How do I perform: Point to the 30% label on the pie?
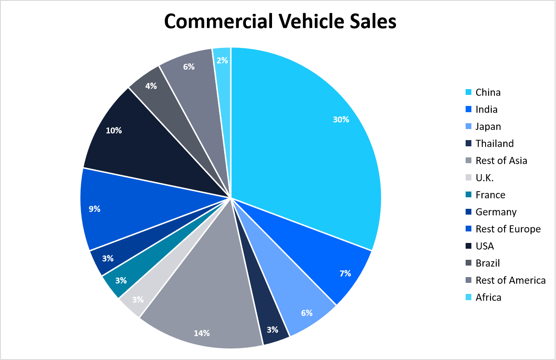tap(341, 119)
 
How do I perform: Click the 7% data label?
tap(345, 274)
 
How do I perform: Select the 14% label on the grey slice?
tap(202, 333)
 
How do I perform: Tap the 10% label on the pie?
tap(114, 131)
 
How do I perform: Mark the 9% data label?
tap(94, 209)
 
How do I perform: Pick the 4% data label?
tap(151, 86)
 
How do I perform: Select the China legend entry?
tap(488, 92)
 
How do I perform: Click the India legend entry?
tap(486, 110)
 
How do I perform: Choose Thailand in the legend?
tap(494, 144)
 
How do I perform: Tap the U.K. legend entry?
tap(484, 178)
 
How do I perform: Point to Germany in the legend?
tap(496, 212)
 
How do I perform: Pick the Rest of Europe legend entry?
tap(508, 229)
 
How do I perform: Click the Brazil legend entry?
tap(487, 263)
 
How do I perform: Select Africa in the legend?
tap(488, 297)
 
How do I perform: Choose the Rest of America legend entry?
tap(510, 280)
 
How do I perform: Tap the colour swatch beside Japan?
tap(468, 127)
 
